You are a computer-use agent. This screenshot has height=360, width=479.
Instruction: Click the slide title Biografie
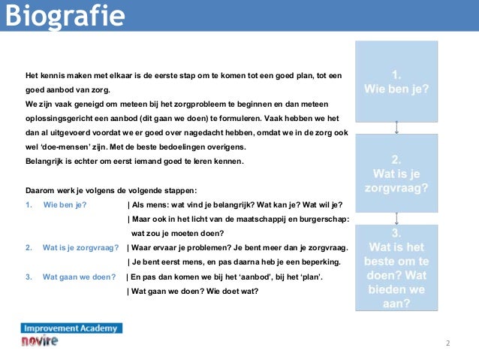tap(63, 15)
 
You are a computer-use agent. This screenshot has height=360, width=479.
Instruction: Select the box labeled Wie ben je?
tap(396, 82)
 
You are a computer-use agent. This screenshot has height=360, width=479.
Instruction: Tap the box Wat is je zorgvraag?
tap(396, 172)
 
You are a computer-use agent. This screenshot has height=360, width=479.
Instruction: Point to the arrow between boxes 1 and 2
tap(396, 128)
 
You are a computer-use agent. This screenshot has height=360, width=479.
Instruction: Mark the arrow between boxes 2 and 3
tap(396, 218)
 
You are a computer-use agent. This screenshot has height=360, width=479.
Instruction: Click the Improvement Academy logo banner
tap(71, 328)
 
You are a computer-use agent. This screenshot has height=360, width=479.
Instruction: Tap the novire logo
tap(40, 341)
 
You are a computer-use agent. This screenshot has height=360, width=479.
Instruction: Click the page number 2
tap(447, 343)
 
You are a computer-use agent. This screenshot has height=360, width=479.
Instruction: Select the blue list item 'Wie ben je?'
tap(65, 204)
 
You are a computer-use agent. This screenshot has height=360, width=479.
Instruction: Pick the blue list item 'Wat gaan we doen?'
tap(74, 277)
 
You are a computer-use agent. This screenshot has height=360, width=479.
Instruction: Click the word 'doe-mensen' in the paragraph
tap(61, 147)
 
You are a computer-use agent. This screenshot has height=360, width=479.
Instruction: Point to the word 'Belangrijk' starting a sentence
tap(44, 162)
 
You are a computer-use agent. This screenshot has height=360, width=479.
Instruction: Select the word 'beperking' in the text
tap(320, 262)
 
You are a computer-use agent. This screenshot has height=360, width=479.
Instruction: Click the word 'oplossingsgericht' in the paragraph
tap(56, 119)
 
